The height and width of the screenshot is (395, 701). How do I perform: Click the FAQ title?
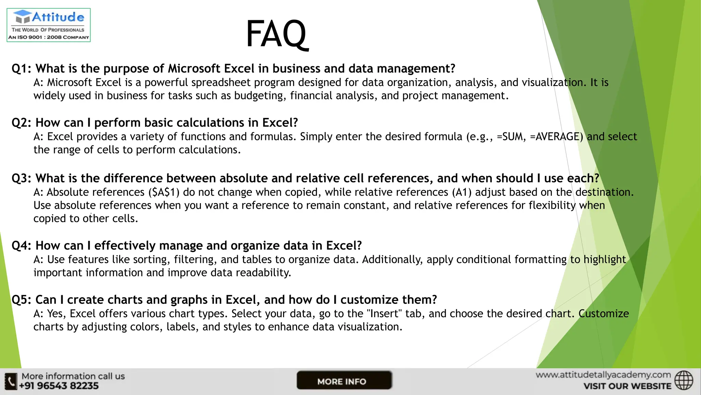pyautogui.click(x=277, y=34)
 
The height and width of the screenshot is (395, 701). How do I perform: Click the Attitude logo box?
pyautogui.click(x=49, y=25)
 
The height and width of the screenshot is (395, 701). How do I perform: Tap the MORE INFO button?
pyautogui.click(x=344, y=381)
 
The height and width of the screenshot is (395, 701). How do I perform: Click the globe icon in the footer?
pyautogui.click(x=684, y=380)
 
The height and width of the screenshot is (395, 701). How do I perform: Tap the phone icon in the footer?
pyautogui.click(x=11, y=381)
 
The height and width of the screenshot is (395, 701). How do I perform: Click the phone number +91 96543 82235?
pyautogui.click(x=59, y=386)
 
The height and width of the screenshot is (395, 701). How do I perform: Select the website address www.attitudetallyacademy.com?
pyautogui.click(x=603, y=375)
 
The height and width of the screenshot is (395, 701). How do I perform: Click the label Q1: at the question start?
pyautogui.click(x=21, y=69)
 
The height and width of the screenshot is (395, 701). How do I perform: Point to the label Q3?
pyautogui.click(x=21, y=179)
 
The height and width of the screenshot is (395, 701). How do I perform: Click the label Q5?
pyautogui.click(x=21, y=300)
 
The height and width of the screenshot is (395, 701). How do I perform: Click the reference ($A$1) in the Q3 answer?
pyautogui.click(x=164, y=192)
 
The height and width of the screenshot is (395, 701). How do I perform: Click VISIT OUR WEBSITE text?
pyautogui.click(x=627, y=386)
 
